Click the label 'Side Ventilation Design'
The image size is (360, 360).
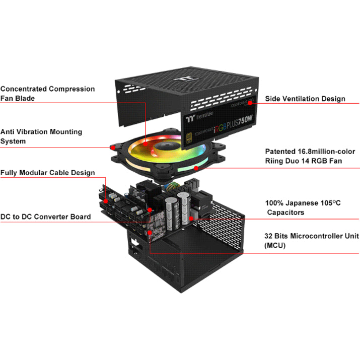coord(305,99)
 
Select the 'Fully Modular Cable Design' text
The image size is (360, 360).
coord(47,173)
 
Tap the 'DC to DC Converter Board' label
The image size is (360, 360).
coord(46,217)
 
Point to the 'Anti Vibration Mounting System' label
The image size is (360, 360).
coord(41,136)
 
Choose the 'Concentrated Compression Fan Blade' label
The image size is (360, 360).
coord(47,94)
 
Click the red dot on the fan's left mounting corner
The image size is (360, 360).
coord(111,147)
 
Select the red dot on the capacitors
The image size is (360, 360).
coord(192,219)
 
